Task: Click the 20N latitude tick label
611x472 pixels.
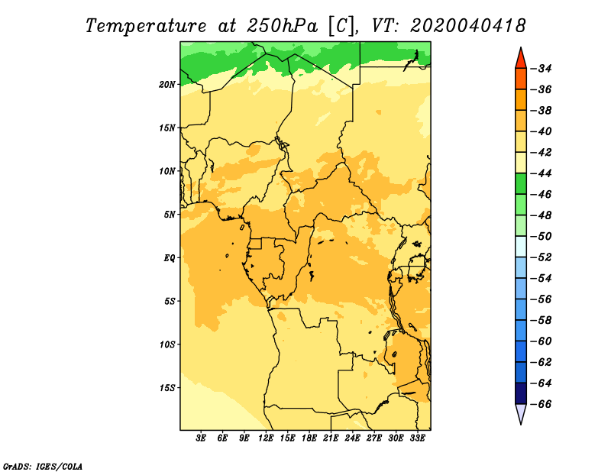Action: point(167,85)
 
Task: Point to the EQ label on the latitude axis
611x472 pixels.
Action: point(169,258)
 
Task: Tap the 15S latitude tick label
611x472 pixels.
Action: point(167,388)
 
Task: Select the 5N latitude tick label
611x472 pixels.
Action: point(170,215)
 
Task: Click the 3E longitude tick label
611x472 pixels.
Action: point(201,438)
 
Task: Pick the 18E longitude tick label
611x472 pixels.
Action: point(309,438)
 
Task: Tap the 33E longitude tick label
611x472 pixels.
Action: point(417,438)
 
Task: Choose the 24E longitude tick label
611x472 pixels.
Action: point(352,438)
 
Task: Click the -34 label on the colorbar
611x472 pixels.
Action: point(541,69)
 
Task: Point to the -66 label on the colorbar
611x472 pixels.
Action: point(541,404)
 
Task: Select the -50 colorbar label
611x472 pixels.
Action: point(541,236)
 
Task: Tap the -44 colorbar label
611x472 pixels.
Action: point(541,173)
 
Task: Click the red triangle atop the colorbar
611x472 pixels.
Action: point(521,60)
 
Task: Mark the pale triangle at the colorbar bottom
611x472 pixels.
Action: point(521,412)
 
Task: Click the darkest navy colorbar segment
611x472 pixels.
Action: point(521,393)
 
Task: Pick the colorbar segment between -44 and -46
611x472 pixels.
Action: point(521,184)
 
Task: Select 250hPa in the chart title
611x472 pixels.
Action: point(282,26)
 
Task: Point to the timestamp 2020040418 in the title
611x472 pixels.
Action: point(467,26)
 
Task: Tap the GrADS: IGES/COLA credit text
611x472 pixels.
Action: point(43,466)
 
